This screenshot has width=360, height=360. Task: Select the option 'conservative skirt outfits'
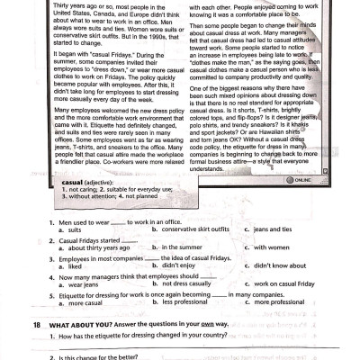pyautogui.click(x=193, y=229)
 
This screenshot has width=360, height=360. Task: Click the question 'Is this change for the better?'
pyautogui.click(x=98, y=357)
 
